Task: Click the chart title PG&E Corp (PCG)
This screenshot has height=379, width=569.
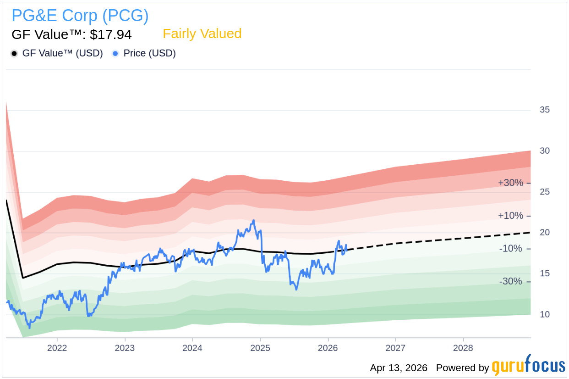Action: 80,16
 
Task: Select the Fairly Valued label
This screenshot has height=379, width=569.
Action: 202,34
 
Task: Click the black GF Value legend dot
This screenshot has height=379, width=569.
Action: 14,54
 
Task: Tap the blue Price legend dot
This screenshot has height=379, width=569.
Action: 115,54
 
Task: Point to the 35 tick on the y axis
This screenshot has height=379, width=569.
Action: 545,110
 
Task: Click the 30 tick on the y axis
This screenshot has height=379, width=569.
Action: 545,151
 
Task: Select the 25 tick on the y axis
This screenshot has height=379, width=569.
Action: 545,192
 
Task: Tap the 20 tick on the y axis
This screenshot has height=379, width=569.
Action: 545,233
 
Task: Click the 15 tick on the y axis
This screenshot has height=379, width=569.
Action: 545,273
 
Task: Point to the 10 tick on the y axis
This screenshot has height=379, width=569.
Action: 545,315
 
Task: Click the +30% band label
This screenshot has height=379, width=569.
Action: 510,183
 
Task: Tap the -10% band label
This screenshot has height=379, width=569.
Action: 510,249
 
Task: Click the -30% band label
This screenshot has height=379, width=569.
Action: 510,281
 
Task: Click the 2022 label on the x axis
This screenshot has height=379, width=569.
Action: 57,348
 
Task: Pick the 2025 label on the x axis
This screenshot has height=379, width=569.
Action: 260,348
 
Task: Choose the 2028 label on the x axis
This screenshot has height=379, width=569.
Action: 463,348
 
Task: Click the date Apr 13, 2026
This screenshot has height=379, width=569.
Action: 399,368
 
